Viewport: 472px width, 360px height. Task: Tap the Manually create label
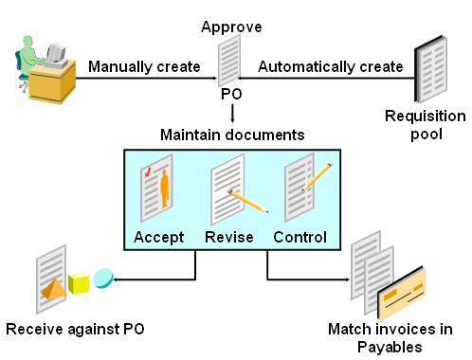(144, 66)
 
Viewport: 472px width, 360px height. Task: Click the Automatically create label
(331, 66)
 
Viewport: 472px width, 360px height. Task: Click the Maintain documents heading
(231, 134)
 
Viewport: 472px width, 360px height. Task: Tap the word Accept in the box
(157, 237)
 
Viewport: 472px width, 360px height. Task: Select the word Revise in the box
(229, 237)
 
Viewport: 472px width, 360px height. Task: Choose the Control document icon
(301, 189)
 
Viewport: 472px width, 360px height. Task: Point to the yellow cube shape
(78, 283)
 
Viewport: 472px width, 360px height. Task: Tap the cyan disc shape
(103, 276)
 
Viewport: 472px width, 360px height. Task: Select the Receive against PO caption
(75, 330)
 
